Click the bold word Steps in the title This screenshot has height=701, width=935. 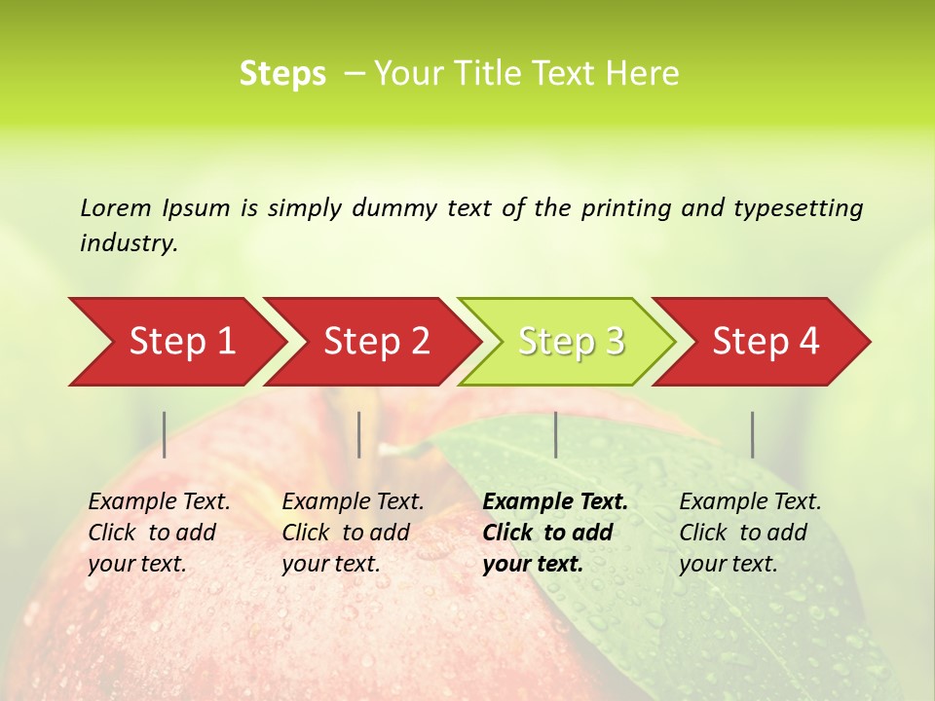(282, 74)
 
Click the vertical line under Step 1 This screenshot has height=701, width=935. (165, 434)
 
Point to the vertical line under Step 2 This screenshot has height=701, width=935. (359, 434)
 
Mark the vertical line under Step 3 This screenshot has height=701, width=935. (555, 434)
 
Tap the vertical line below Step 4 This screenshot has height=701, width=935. (752, 434)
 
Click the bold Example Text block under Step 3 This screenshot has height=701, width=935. (554, 533)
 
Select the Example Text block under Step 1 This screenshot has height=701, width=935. (159, 533)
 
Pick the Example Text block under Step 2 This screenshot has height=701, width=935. (353, 533)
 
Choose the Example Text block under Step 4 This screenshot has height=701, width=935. (750, 533)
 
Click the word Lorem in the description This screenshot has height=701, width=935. (116, 207)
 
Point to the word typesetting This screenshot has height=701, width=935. (798, 208)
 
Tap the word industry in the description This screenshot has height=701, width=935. (128, 243)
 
